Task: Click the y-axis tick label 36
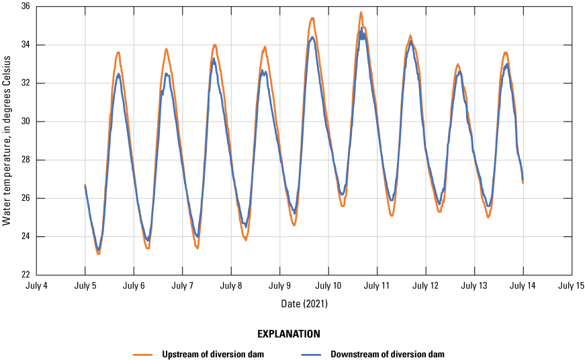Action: [x=24, y=7]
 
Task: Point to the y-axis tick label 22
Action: [x=24, y=275]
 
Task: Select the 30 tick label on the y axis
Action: [x=24, y=122]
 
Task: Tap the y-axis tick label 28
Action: [x=24, y=160]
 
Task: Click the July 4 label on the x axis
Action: [x=36, y=285]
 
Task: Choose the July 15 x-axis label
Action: [x=572, y=285]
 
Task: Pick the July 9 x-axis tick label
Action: [x=279, y=285]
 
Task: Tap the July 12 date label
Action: [x=426, y=285]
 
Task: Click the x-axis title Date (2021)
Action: [x=304, y=304]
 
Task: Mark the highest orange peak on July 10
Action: [x=361, y=12]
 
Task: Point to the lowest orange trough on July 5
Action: [x=98, y=253]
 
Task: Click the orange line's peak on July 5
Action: [x=118, y=52]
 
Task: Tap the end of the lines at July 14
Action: [x=523, y=181]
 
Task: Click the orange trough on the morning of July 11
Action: [x=391, y=215]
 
